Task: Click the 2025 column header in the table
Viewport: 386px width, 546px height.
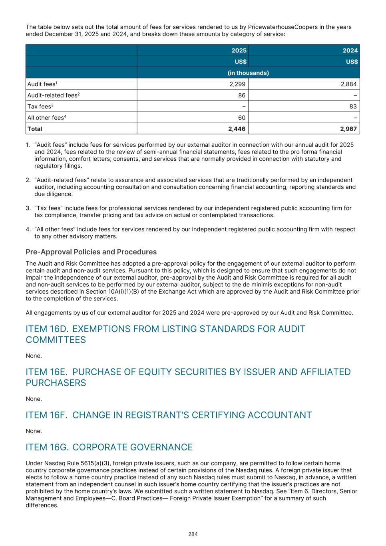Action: point(239,50)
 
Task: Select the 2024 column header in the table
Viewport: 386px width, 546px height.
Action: point(350,50)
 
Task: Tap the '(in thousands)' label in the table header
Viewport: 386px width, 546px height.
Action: point(248,73)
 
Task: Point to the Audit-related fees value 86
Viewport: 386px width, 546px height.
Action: point(242,95)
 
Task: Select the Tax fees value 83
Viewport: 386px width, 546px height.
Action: point(353,106)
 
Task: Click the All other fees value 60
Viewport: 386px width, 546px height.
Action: point(242,118)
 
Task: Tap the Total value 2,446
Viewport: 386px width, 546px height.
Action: point(237,129)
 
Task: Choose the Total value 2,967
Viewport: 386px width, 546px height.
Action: point(348,129)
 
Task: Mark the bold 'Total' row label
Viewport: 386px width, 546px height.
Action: point(35,129)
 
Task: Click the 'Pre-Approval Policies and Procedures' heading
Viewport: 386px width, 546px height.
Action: point(91,252)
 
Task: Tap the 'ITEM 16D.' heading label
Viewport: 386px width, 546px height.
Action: point(47,329)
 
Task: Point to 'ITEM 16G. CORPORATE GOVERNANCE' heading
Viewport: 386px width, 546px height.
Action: point(109,447)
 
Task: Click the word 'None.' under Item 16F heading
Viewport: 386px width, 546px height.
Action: point(34,431)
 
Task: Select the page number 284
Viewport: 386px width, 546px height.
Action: point(193,534)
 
